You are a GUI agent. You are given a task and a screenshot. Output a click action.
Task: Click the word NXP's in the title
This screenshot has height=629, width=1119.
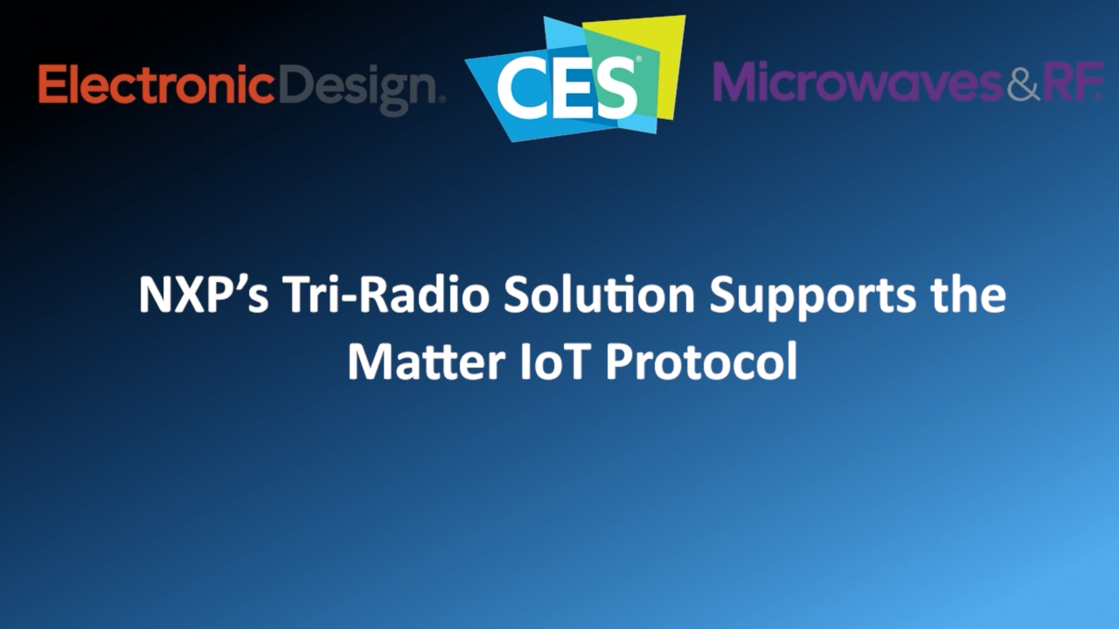coord(203,295)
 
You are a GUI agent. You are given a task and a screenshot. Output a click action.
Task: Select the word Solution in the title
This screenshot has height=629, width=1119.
coord(599,295)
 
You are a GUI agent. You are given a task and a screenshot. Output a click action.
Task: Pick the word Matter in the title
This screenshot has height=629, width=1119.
coord(426,362)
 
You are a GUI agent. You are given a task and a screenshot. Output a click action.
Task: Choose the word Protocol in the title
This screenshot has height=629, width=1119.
coord(701,362)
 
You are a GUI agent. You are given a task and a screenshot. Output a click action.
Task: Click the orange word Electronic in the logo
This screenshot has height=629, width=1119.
coord(156,84)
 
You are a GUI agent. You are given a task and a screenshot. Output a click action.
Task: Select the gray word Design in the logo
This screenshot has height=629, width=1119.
coord(358,87)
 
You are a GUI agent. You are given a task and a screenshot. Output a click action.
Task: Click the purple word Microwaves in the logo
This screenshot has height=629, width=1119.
coord(858,83)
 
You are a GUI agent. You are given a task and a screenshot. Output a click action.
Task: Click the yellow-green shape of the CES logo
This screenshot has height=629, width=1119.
coord(670,58)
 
